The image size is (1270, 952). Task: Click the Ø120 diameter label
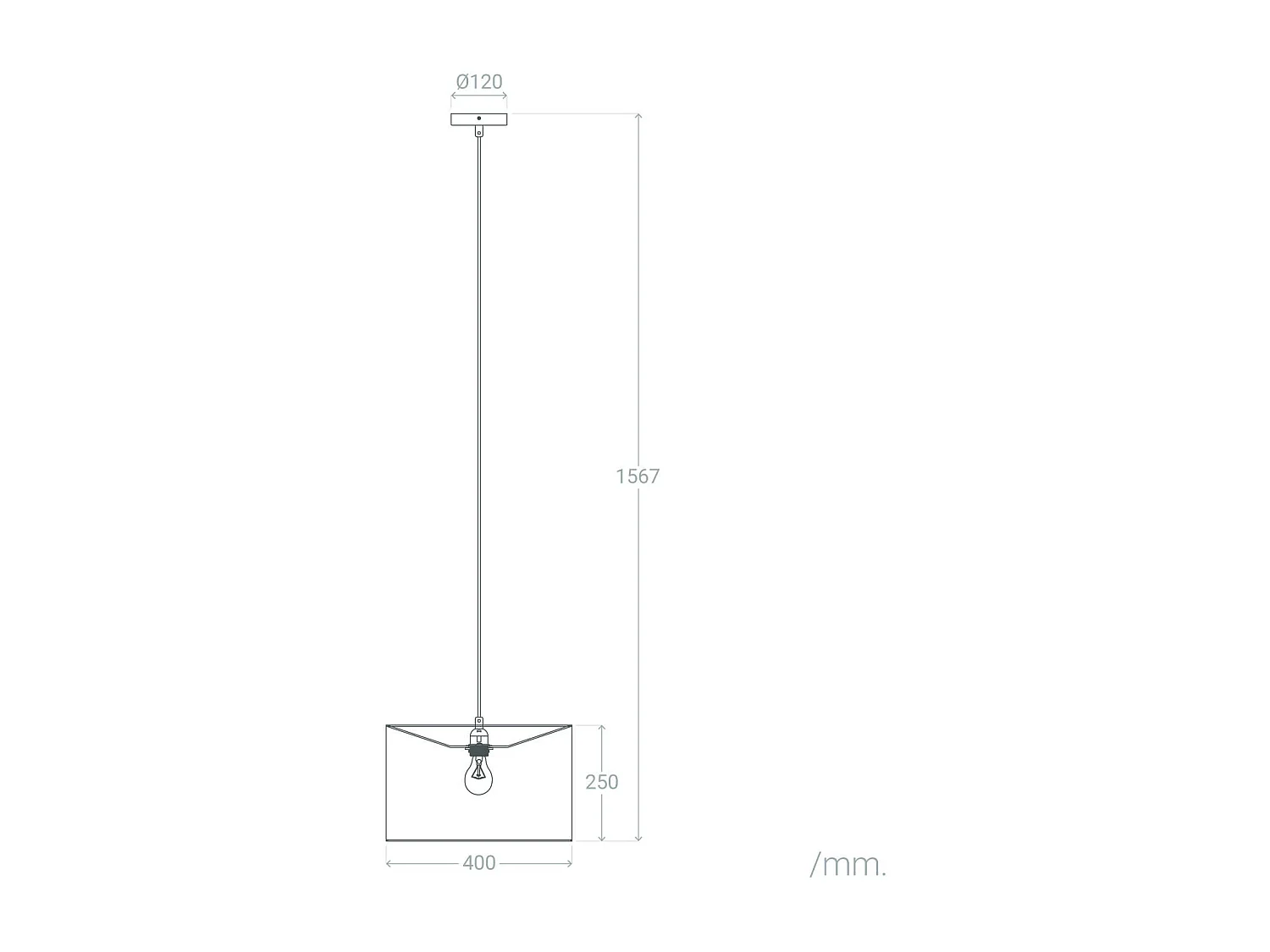pyautogui.click(x=479, y=81)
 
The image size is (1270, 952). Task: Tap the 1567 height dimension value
pyautogui.click(x=637, y=476)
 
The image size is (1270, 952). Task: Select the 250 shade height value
pyautogui.click(x=602, y=782)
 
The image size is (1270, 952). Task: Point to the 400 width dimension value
pyautogui.click(x=479, y=863)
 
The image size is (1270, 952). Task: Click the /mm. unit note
pyautogui.click(x=848, y=866)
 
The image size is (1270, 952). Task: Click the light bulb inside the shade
pyautogui.click(x=478, y=775)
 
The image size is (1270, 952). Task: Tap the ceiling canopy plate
pyautogui.click(x=479, y=119)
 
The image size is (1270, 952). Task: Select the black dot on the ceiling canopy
pyautogui.click(x=479, y=118)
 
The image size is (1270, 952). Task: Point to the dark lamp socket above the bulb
pyautogui.click(x=478, y=750)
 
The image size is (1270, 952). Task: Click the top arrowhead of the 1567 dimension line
pyautogui.click(x=638, y=116)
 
